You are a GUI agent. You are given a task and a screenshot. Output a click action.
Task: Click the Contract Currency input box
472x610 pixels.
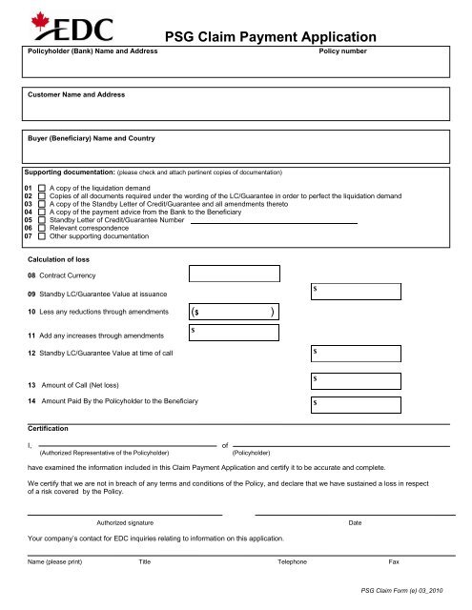click(x=234, y=274)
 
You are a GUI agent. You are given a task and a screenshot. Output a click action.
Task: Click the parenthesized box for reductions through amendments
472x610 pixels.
click(x=234, y=312)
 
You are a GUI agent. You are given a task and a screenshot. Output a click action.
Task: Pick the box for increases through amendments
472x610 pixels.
click(x=234, y=333)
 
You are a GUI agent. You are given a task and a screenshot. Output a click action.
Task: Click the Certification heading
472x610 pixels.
click(x=49, y=429)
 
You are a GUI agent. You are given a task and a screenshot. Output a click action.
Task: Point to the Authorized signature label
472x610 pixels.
click(x=125, y=523)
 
